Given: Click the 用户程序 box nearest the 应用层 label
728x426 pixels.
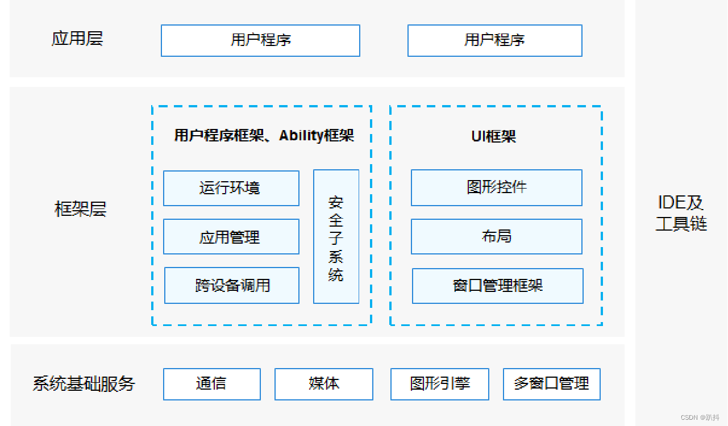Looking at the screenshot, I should [260, 40].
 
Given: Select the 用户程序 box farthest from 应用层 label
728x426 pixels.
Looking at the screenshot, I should [494, 40].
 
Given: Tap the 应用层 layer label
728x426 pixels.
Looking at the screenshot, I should [77, 39].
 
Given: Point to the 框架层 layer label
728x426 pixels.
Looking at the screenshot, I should [80, 209].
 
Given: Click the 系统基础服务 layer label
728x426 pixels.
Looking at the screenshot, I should [84, 383].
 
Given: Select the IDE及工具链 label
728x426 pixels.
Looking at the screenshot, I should [681, 212].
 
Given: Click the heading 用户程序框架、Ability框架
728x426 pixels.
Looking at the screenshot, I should [264, 135].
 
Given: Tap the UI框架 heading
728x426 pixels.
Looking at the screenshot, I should [493, 136].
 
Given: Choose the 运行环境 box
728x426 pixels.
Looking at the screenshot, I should [231, 188].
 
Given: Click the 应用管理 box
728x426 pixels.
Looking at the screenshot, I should [231, 236].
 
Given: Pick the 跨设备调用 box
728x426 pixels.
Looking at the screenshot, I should [231, 285].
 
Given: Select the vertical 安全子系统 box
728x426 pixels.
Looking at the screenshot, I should [336, 236].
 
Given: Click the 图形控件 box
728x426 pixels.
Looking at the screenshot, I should [496, 187].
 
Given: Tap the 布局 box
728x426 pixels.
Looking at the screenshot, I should [496, 236].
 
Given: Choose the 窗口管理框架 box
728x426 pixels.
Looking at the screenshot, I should [497, 286].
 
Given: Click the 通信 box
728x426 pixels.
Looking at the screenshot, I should [211, 384].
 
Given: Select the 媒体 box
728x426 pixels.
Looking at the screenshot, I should [323, 384].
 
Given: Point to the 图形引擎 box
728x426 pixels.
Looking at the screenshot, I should [439, 384].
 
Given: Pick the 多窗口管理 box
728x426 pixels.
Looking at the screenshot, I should [551, 384].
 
